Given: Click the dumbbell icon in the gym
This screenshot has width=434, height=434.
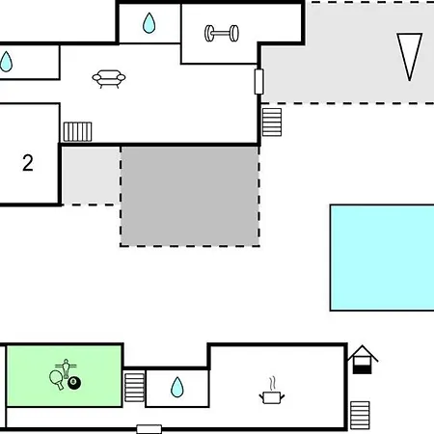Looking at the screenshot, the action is [x=222, y=33].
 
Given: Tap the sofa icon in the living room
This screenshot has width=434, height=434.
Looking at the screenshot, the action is [x=109, y=79].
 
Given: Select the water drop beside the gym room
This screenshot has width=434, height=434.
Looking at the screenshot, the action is [x=149, y=23].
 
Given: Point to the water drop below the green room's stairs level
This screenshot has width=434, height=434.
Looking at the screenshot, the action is [x=177, y=387].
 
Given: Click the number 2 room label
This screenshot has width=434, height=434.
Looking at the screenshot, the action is [x=28, y=163].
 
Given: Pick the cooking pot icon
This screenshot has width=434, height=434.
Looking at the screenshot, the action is [x=272, y=397].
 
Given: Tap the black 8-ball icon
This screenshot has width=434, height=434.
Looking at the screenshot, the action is [x=74, y=383].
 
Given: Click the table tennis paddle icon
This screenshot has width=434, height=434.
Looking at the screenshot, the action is [x=57, y=380].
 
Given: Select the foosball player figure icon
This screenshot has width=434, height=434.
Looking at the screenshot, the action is [x=66, y=368].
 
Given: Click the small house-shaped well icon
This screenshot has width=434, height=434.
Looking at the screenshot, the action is [x=363, y=360].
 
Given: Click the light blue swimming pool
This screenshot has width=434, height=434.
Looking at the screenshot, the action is [x=382, y=258].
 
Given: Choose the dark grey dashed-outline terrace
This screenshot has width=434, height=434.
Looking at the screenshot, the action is [x=190, y=196].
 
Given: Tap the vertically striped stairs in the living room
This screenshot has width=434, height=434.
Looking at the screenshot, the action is [x=77, y=131].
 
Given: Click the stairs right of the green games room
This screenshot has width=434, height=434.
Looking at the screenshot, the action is [x=134, y=388].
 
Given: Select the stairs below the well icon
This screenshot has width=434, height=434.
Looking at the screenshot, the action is [x=360, y=415].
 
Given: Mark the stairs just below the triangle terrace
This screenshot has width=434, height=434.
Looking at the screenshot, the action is [x=272, y=122].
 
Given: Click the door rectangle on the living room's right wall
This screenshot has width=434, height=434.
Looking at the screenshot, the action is [x=259, y=82].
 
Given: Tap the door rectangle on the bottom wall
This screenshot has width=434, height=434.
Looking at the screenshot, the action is [x=149, y=429].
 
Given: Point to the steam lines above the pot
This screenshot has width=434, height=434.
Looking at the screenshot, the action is [x=272, y=384].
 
